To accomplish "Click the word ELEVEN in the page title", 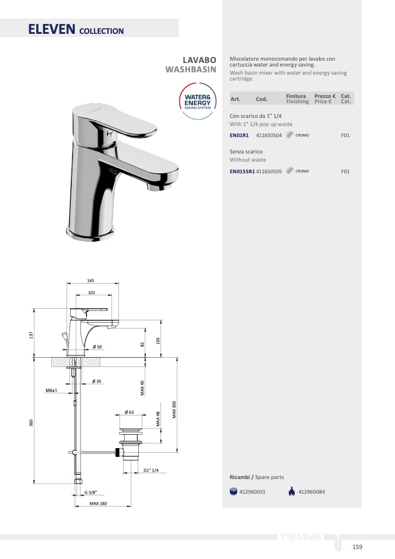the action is (x=52, y=29).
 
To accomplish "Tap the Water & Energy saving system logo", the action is (x=197, y=101).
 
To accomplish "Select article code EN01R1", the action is (x=239, y=135).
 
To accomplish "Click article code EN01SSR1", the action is (x=242, y=172).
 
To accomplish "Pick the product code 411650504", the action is (x=269, y=135).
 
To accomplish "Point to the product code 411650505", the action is (x=269, y=172).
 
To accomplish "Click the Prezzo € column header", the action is (x=325, y=96).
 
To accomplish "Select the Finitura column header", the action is (x=296, y=96).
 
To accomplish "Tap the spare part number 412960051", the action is (x=253, y=492).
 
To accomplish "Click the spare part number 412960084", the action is (x=312, y=492).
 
